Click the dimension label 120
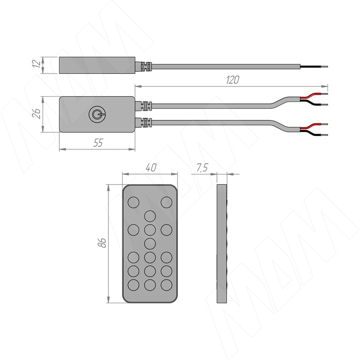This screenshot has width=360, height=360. click(233, 80)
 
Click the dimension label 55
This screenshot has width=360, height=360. click(98, 143)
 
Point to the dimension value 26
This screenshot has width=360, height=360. click(37, 113)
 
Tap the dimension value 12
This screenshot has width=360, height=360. click(36, 63)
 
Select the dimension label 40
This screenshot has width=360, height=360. click(151, 167)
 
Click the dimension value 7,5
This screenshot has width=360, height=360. click(202, 168)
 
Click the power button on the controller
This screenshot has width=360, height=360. click(97, 114)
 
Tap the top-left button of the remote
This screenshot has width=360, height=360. click(133, 202)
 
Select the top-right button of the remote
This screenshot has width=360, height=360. click(166, 202)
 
